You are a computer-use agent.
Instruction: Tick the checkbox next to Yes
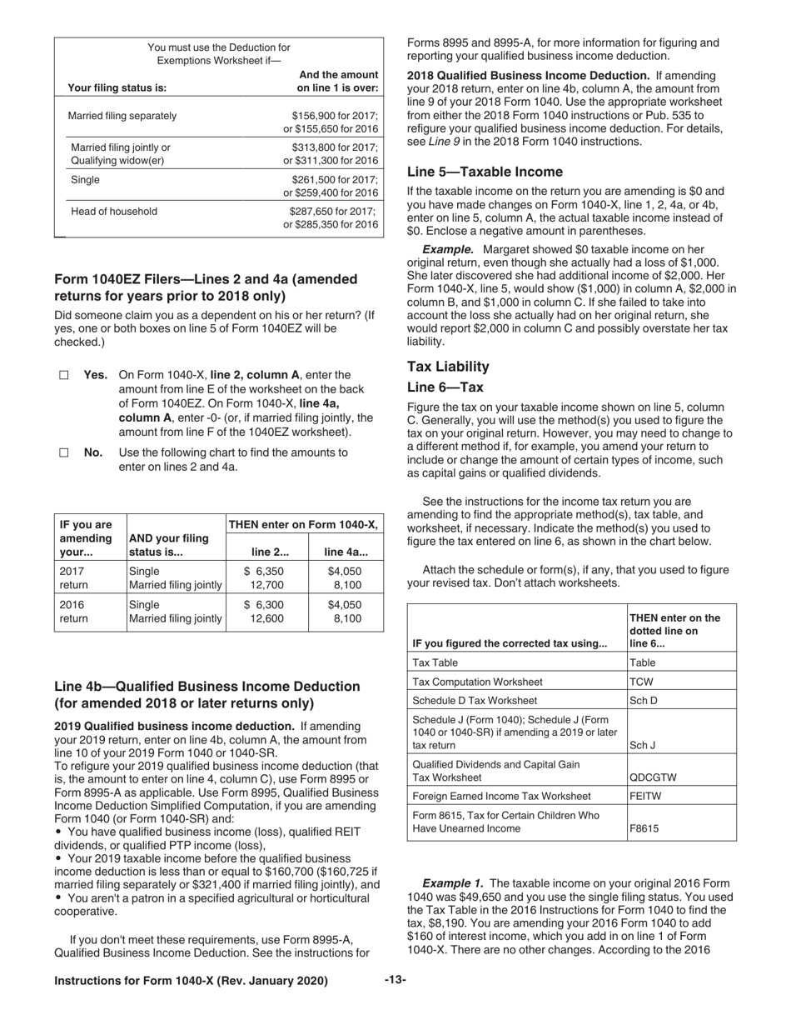(x=63, y=376)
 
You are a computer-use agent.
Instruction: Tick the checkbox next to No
(x=63, y=453)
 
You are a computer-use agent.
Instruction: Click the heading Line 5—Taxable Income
(x=485, y=172)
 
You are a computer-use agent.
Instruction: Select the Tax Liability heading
(x=448, y=367)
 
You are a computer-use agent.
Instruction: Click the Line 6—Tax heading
(x=445, y=387)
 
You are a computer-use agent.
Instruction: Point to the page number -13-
(x=395, y=980)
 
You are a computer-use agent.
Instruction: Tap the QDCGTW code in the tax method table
(x=653, y=777)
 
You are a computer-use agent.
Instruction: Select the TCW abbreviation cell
(x=642, y=681)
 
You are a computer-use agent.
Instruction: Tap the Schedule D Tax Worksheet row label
(x=475, y=700)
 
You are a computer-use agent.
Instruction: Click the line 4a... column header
(x=346, y=552)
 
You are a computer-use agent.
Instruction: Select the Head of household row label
(x=114, y=212)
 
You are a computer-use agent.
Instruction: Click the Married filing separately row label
(x=122, y=116)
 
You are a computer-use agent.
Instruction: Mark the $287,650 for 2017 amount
(x=333, y=212)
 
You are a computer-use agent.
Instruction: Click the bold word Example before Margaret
(x=448, y=249)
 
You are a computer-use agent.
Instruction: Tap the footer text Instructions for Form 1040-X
(x=191, y=981)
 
